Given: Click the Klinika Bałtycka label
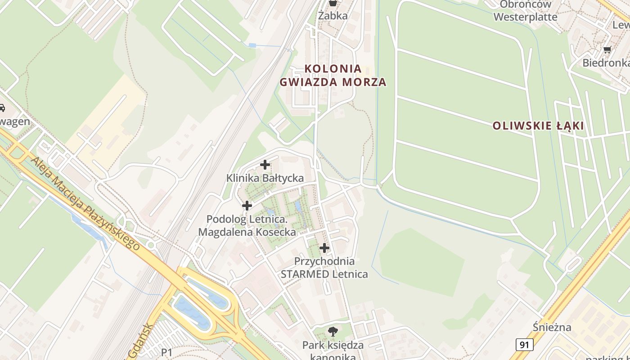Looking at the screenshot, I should (x=265, y=178).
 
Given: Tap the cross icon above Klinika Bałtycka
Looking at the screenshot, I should (x=265, y=165).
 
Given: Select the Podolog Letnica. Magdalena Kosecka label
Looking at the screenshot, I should (x=247, y=226).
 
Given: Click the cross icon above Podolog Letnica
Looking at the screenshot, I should (x=247, y=206).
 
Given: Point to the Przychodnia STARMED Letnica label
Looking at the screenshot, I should (x=324, y=268).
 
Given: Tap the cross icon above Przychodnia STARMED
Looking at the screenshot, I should (x=324, y=248).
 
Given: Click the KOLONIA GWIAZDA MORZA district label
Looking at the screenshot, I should (x=333, y=75).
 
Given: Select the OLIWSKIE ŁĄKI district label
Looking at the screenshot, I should (x=538, y=126).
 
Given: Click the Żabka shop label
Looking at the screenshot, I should (x=333, y=16).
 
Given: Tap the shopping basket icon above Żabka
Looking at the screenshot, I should (x=333, y=3).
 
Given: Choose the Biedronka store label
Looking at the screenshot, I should (x=605, y=63).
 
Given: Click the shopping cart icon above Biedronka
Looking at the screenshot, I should (x=607, y=50).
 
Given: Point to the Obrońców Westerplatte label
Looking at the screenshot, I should (x=525, y=11).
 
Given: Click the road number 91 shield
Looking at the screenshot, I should (x=524, y=345).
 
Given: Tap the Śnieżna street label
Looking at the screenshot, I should (x=552, y=327).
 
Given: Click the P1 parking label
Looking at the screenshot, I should (x=166, y=352).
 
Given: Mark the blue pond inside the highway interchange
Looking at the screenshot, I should (x=193, y=310).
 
